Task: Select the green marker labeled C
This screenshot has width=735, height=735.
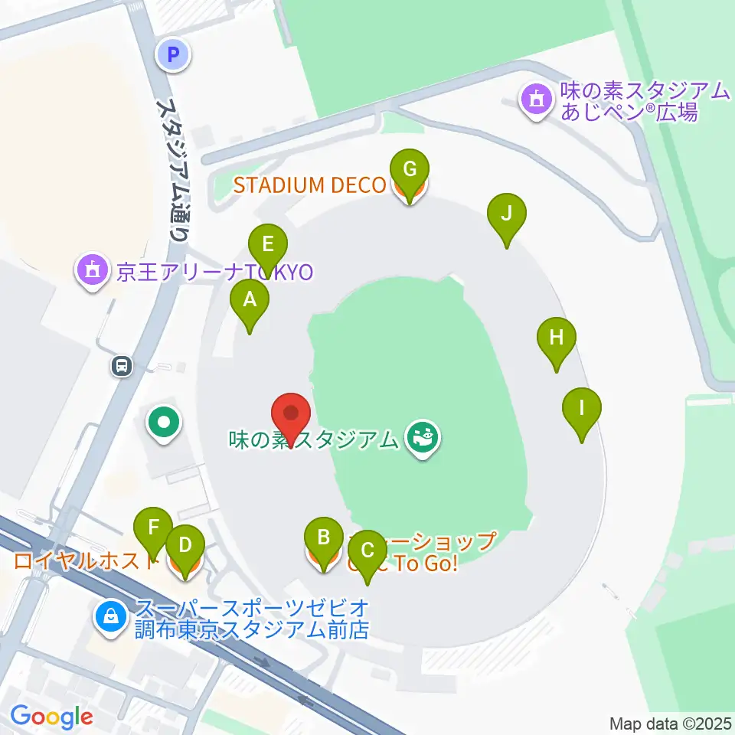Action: [367, 552]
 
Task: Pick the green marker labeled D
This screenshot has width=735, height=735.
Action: [185, 547]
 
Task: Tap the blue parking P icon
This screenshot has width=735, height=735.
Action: [173, 55]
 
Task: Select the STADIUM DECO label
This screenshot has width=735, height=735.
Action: [309, 185]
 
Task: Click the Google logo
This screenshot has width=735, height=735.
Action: [51, 717]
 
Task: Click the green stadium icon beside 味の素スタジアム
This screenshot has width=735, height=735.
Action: [421, 439]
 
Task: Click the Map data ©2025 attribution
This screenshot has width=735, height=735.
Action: [671, 723]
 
